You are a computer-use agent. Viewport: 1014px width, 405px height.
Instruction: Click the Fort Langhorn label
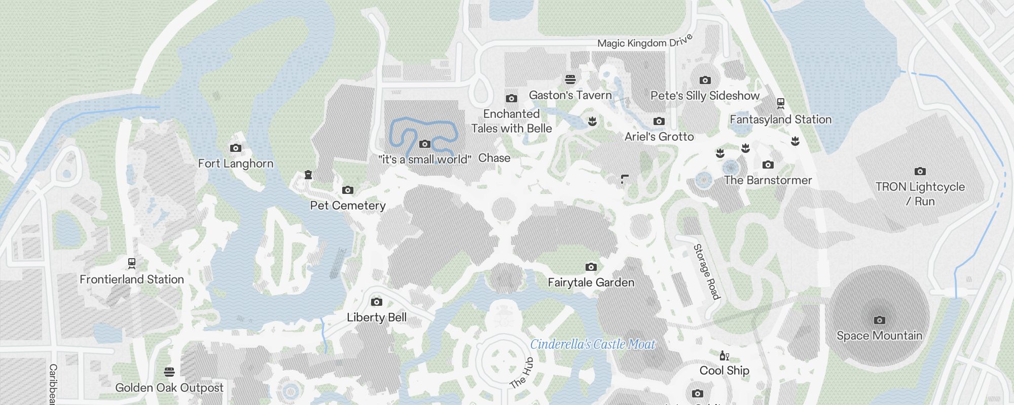tap(235, 164)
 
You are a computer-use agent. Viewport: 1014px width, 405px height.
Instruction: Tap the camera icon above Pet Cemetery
tap(348, 190)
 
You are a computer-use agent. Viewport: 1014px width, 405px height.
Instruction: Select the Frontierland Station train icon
tap(132, 263)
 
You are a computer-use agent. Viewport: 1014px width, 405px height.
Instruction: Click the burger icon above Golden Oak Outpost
tap(169, 372)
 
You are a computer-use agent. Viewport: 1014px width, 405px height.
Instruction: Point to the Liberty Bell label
tap(377, 317)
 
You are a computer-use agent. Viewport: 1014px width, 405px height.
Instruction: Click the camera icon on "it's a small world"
tap(425, 144)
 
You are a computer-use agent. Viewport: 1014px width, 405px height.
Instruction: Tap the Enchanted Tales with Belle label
tap(512, 121)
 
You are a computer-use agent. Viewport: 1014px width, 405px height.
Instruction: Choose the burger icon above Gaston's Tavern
tap(570, 79)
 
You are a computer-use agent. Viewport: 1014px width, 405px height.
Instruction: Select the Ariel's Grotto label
tap(659, 137)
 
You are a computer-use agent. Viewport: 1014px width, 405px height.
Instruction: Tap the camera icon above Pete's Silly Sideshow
tap(705, 80)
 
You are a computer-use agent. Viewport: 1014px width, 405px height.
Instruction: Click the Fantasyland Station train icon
tap(781, 103)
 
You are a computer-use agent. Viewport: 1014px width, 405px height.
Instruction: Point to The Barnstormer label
tap(768, 180)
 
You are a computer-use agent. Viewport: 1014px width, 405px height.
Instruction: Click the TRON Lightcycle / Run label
tap(920, 194)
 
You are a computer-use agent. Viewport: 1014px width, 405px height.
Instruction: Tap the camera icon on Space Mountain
tap(880, 320)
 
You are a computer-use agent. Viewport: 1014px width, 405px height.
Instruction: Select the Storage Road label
tap(707, 271)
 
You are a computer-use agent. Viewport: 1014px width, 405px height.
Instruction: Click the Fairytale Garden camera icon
tap(591, 267)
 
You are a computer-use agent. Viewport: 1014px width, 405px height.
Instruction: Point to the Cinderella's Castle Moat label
tap(593, 345)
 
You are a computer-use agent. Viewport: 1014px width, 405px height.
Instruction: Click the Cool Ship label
tap(724, 371)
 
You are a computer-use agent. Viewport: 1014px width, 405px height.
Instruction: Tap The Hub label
tap(522, 373)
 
